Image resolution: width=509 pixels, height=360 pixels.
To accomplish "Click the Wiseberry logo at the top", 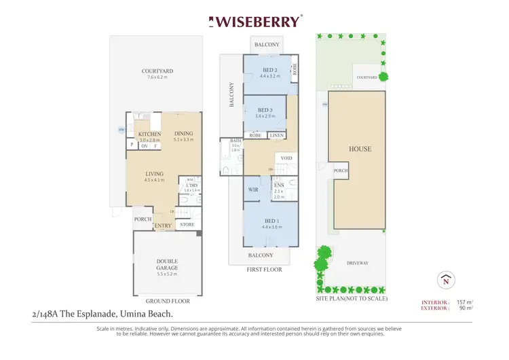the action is [254, 21].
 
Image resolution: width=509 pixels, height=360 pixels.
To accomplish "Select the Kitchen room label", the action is [149, 134].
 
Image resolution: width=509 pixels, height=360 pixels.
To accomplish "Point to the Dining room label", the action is [183, 134].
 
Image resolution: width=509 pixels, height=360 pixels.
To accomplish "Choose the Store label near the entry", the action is [187, 224].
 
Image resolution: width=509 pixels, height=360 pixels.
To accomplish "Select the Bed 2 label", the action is [270, 70].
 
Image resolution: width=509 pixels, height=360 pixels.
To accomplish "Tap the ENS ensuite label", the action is [279, 185].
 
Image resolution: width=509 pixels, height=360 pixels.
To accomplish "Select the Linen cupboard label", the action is [276, 135].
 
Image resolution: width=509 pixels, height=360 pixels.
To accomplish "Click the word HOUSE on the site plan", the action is [360, 149].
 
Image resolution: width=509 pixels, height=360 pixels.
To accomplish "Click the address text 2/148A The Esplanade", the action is [75, 314].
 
